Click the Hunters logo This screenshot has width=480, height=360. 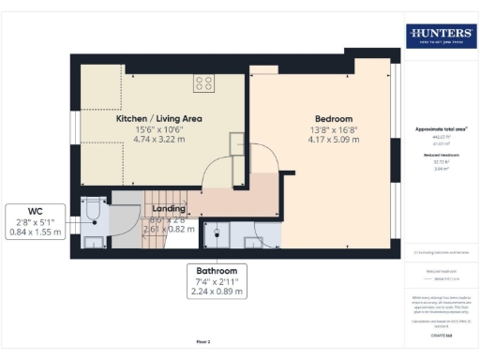(x=440, y=36)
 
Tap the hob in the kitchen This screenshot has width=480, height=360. (x=203, y=83)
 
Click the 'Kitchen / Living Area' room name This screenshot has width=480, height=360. (x=158, y=119)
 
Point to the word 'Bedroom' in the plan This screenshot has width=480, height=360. (x=333, y=119)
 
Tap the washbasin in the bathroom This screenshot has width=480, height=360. (x=253, y=243)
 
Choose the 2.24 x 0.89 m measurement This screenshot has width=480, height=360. (x=217, y=291)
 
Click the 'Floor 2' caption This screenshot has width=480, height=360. (x=202, y=341)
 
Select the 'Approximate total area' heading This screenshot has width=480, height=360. (x=439, y=127)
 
